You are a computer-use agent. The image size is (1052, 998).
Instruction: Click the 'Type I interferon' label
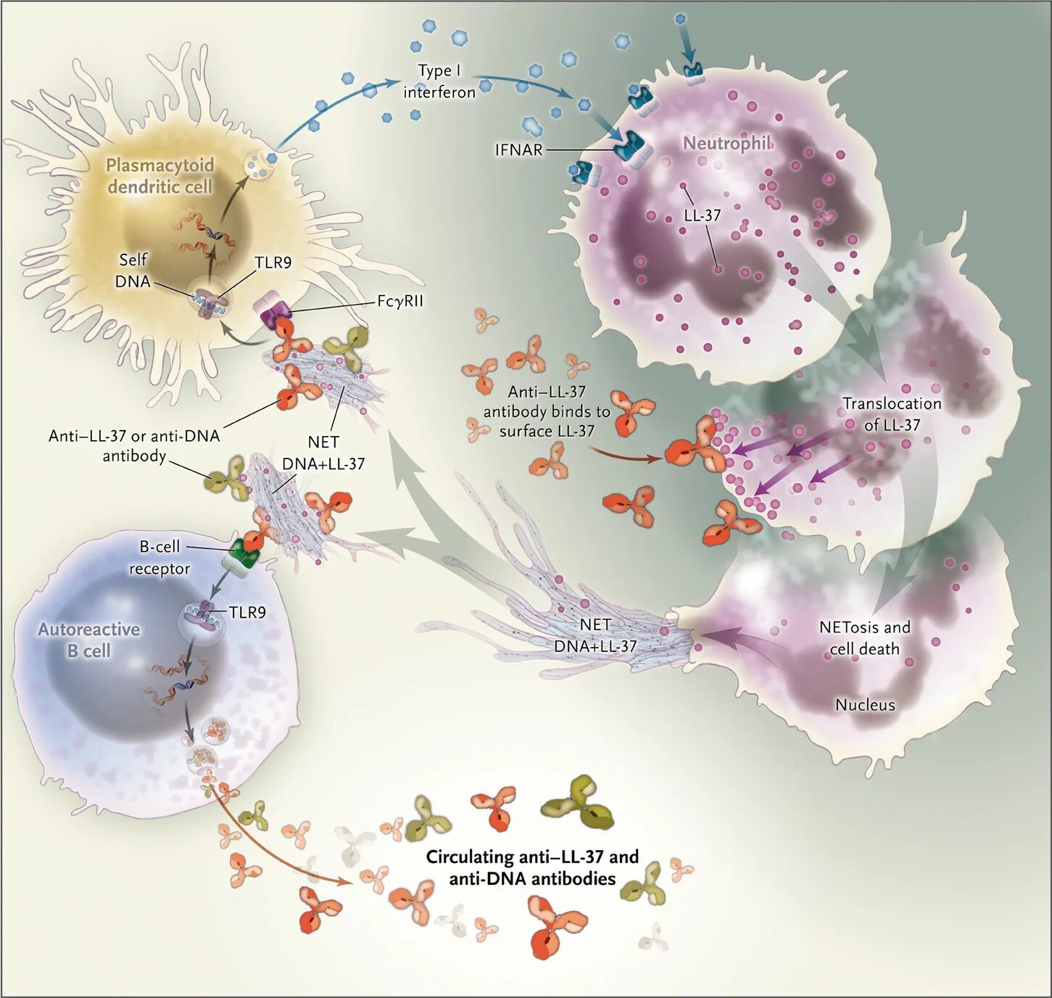[439, 81]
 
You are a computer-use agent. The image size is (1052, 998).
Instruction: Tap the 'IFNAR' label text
[518, 150]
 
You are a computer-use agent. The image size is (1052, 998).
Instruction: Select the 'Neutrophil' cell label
[727, 143]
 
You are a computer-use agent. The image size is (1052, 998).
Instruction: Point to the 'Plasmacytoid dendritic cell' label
[160, 176]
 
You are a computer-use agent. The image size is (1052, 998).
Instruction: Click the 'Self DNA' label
[133, 271]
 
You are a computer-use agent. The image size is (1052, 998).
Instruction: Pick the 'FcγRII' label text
[399, 300]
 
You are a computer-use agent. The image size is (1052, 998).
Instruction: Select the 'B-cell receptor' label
[160, 558]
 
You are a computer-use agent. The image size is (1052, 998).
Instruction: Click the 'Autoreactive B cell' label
[88, 640]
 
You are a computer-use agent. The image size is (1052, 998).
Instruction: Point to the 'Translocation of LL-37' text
[892, 414]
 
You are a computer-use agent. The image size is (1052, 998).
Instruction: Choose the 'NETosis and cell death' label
[864, 638]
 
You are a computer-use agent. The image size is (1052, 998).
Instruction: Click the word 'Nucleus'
[865, 704]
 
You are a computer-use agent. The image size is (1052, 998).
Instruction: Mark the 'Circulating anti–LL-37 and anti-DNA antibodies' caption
[532, 867]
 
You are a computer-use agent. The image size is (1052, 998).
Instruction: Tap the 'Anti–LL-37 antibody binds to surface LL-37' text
[547, 411]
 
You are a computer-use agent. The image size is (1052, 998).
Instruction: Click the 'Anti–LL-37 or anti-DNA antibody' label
[134, 445]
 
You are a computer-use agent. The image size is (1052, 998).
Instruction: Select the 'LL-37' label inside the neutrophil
[702, 215]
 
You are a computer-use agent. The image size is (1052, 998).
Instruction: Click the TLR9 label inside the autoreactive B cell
[247, 613]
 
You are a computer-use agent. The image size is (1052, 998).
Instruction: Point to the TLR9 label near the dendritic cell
[273, 263]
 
